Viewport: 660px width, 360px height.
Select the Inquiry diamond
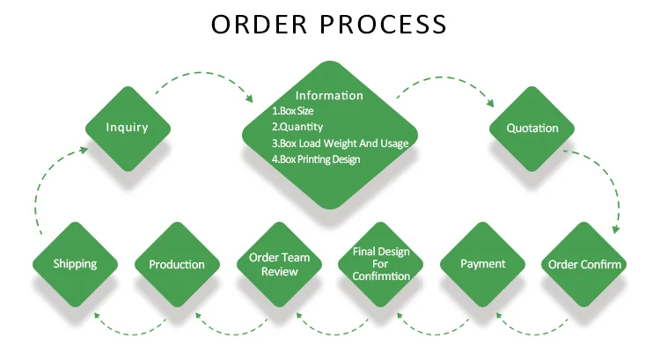pyautogui.click(x=128, y=128)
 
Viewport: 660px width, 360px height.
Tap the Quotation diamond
pyautogui.click(x=532, y=129)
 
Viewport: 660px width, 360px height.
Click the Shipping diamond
pyautogui.click(x=75, y=264)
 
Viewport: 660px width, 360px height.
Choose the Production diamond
pyautogui.click(x=177, y=264)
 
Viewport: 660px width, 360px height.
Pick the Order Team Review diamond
pyautogui.click(x=279, y=264)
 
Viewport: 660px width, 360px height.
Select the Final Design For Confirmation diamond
pyautogui.click(x=381, y=264)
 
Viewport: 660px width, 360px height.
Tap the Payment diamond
pyautogui.click(x=483, y=264)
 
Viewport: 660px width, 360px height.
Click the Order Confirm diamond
pyautogui.click(x=585, y=264)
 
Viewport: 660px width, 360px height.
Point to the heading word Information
pyautogui.click(x=329, y=95)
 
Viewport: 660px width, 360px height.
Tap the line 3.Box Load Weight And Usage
pyautogui.click(x=340, y=143)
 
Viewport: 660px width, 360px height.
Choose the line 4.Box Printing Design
pyautogui.click(x=316, y=159)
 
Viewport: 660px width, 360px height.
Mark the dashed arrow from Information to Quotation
pyautogui.click(x=444, y=81)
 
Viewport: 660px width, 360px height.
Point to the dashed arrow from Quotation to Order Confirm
pyautogui.click(x=607, y=180)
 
